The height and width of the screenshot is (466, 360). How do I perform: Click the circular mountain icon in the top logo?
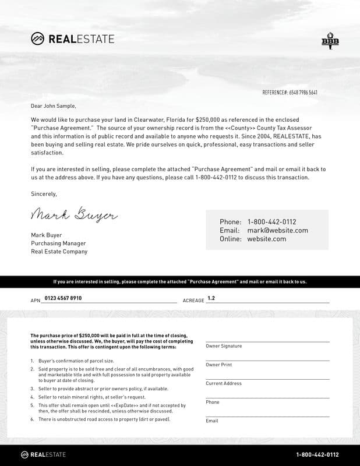pos(37,39)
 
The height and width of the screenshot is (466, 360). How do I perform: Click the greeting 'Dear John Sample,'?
pos(54,106)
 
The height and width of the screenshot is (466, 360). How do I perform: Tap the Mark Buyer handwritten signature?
pos(73,215)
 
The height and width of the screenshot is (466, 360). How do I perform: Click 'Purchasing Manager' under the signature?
pos(58,243)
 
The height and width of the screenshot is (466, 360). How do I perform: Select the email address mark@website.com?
pos(277,230)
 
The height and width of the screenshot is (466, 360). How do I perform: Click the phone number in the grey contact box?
pos(271,222)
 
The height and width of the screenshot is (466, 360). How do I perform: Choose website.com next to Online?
pos(266,239)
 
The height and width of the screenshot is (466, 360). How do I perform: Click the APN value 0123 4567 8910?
pos(63,298)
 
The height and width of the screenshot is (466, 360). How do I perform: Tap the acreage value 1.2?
pos(211,298)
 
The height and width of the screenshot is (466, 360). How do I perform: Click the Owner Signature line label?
pos(224,346)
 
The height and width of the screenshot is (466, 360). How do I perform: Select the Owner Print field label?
pos(218,365)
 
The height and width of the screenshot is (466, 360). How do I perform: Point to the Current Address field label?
pos(223,383)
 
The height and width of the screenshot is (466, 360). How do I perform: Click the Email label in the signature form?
pos(212,421)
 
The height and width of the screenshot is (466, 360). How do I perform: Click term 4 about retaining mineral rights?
pos(91,397)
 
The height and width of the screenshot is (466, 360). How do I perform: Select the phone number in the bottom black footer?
pos(317,455)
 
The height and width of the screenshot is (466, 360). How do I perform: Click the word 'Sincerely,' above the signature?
pos(44,194)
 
